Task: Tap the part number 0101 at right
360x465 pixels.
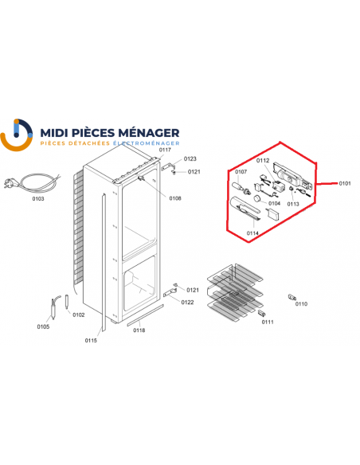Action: pyautogui.click(x=344, y=184)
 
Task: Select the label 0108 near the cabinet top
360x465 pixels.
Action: pyautogui.click(x=175, y=197)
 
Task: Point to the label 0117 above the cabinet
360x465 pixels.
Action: pyautogui.click(x=165, y=150)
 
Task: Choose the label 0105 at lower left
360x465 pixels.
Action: pyautogui.click(x=42, y=326)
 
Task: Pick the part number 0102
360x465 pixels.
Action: pyautogui.click(x=78, y=315)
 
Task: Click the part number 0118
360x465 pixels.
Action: pyautogui.click(x=139, y=330)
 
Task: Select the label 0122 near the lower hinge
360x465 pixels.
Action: pyautogui.click(x=188, y=302)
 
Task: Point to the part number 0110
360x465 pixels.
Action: pyautogui.click(x=301, y=304)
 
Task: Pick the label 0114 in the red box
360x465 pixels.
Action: pyautogui.click(x=252, y=232)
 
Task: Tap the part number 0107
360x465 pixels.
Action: pyautogui.click(x=241, y=171)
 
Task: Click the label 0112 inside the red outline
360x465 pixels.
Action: pyautogui.click(x=264, y=161)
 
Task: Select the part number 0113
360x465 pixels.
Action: pyautogui.click(x=293, y=203)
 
